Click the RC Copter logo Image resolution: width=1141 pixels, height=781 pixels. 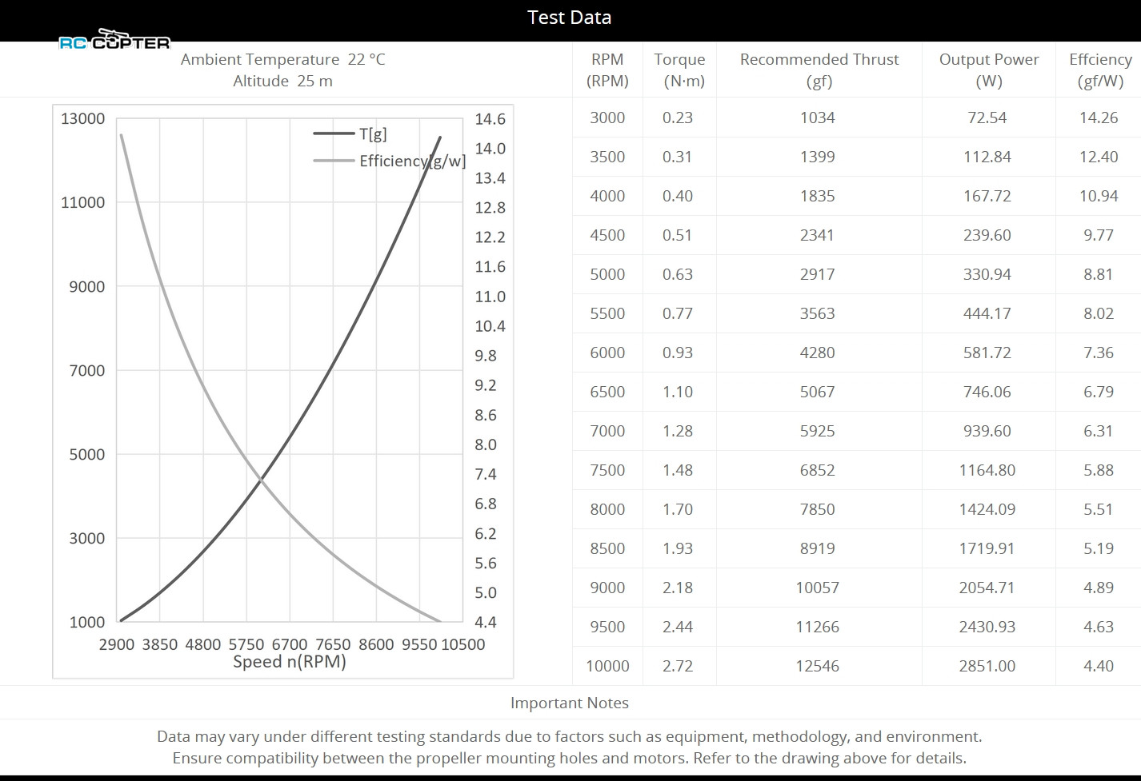(114, 40)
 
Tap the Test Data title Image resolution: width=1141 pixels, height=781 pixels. (569, 18)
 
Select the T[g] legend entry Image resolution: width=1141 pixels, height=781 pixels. (372, 134)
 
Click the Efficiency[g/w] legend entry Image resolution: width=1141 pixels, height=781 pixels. (411, 161)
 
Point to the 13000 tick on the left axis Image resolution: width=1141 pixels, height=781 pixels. (82, 118)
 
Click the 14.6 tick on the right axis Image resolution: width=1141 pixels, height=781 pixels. (490, 119)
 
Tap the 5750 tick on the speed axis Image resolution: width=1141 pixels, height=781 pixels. (246, 644)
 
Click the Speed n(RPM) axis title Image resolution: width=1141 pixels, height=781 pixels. (289, 662)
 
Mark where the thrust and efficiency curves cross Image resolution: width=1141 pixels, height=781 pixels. (260, 479)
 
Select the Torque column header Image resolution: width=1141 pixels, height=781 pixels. (679, 70)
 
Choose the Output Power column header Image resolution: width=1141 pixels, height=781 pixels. (988, 70)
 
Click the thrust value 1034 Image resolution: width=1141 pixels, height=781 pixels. (817, 118)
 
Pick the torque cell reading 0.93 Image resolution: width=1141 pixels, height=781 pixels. (677, 353)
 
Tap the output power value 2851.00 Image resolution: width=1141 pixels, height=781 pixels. (987, 666)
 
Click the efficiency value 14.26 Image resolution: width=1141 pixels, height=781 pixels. (1098, 118)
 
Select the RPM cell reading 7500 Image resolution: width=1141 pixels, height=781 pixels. (607, 470)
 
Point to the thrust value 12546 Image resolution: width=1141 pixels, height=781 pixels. (817, 666)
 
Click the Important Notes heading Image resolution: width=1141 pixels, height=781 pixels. (569, 703)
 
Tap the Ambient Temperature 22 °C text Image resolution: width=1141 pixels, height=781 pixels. (282, 59)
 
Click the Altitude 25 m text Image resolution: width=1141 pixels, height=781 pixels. (282, 81)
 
